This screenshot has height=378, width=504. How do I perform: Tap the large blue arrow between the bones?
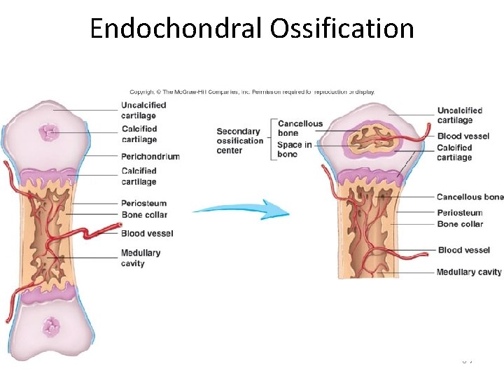(241, 209)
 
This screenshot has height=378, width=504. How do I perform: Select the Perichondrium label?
(150, 157)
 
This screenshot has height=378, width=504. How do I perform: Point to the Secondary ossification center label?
(239, 141)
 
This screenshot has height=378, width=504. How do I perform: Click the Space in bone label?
(294, 150)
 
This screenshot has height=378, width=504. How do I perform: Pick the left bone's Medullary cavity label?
(141, 258)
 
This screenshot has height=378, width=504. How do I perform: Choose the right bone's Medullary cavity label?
(469, 272)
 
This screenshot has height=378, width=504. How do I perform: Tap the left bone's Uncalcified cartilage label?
(143, 111)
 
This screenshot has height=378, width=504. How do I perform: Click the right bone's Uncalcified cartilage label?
(460, 115)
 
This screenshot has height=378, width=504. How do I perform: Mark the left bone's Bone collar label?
(144, 215)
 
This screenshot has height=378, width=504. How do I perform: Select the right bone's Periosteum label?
(460, 213)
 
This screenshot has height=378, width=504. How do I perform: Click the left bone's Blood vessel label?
(147, 233)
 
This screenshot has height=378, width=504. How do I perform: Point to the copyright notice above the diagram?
(252, 91)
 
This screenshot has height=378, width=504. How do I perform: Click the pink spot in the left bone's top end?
(50, 132)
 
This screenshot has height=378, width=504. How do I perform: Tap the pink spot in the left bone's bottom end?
(50, 325)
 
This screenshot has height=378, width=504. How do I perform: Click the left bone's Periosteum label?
(143, 204)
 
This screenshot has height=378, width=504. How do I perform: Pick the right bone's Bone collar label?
(460, 224)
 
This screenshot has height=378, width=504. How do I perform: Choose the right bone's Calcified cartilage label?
(454, 153)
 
